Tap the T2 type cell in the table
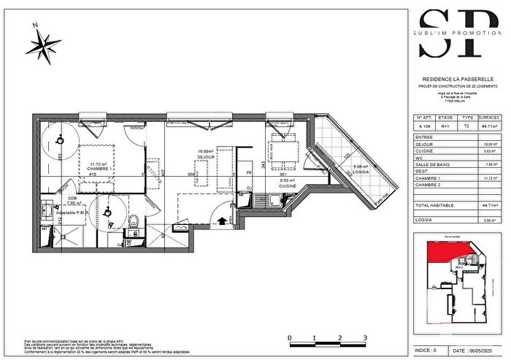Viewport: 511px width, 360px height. tap(467, 126)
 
